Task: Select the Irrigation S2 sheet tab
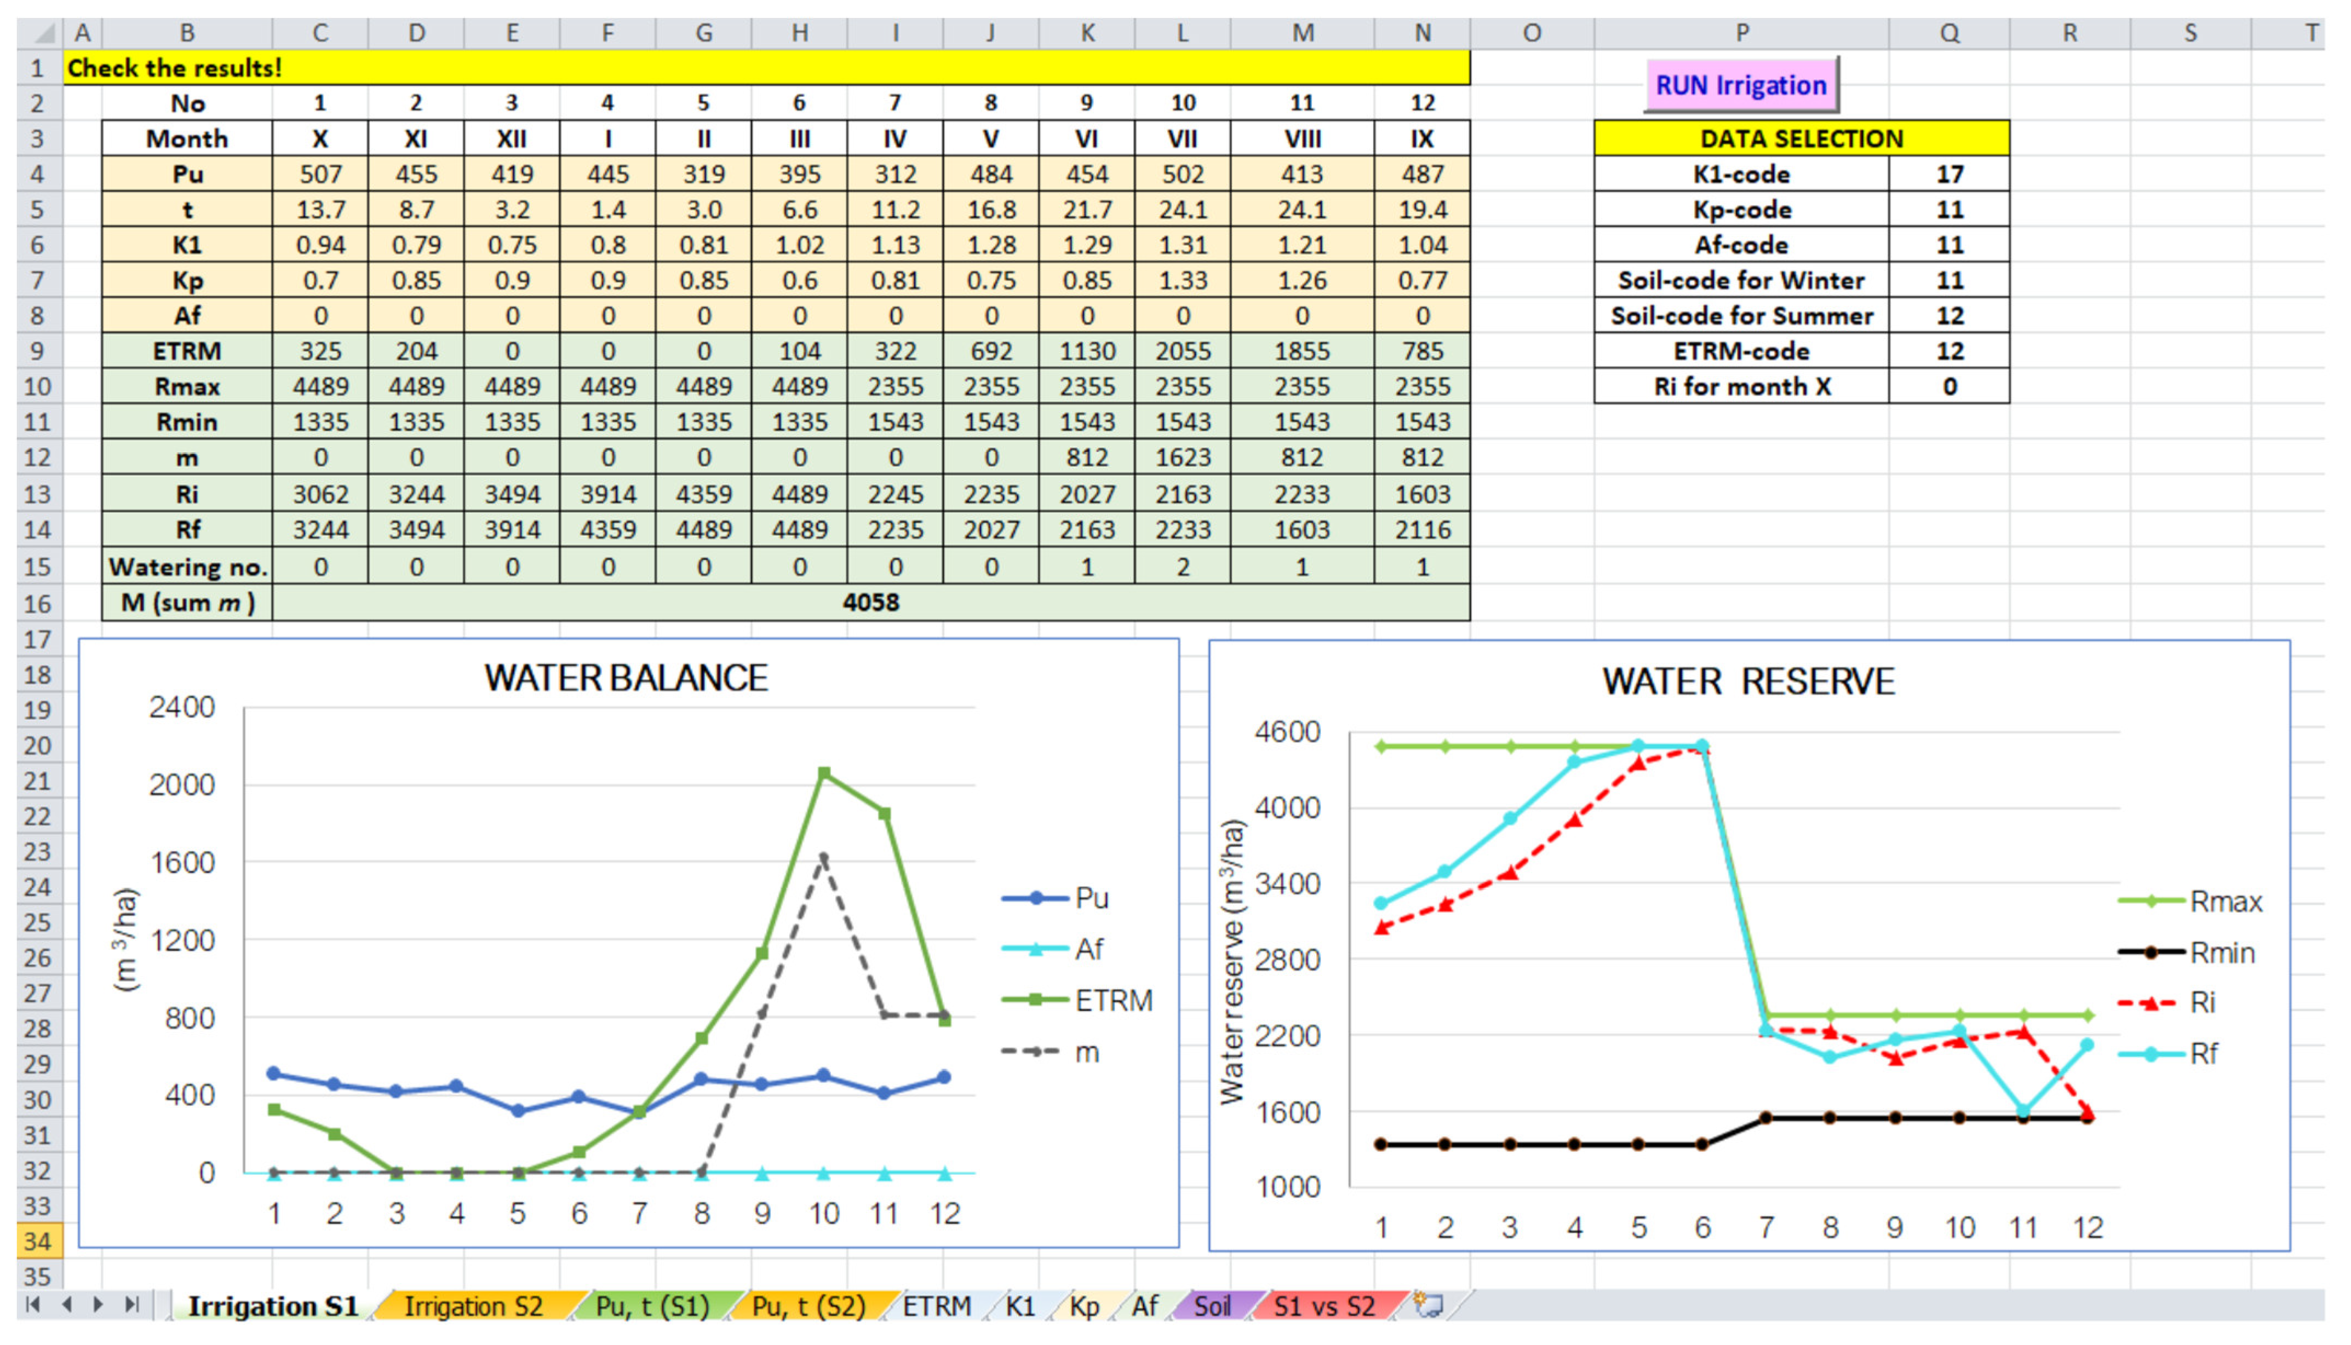(473, 1305)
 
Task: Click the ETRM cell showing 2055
(1182, 351)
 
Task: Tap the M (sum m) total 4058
(870, 602)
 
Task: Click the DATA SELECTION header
(1801, 138)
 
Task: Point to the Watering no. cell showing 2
(1182, 566)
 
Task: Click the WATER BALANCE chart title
(626, 678)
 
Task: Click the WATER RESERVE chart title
(1747, 682)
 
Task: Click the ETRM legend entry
(1113, 1001)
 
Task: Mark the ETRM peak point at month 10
(823, 773)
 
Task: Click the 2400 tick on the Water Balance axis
(181, 708)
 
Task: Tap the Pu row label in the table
(187, 174)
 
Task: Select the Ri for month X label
(1741, 386)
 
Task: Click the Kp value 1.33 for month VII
(1182, 280)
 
